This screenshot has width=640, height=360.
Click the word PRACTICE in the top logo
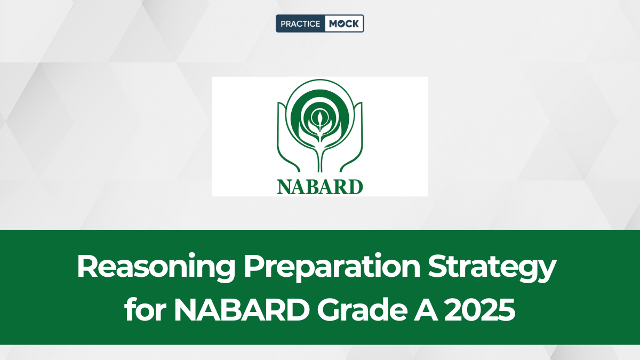pyautogui.click(x=300, y=23)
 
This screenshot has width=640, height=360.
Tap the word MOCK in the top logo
pyautogui.click(x=343, y=23)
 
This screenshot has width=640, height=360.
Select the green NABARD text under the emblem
pyautogui.click(x=319, y=187)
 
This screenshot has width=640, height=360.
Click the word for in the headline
pyautogui.click(x=146, y=309)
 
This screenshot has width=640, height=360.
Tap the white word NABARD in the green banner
pyautogui.click(x=242, y=310)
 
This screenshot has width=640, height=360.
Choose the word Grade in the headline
pyautogui.click(x=362, y=309)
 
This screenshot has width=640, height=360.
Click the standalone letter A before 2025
pyautogui.click(x=426, y=310)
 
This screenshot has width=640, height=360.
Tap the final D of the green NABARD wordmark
pyautogui.click(x=355, y=187)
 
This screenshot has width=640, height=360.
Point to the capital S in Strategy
pyautogui.click(x=439, y=266)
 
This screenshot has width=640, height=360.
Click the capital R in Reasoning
pyautogui.click(x=89, y=266)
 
